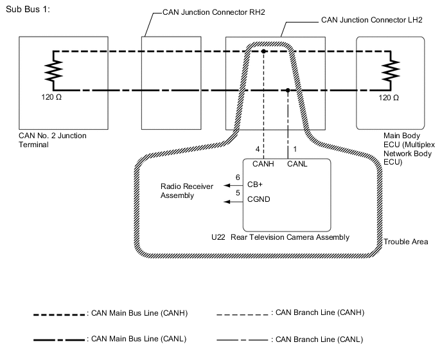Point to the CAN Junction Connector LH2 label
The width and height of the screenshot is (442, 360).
point(371,20)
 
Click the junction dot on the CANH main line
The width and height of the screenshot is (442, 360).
point(264,51)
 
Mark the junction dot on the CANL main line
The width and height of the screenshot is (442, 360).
point(288,91)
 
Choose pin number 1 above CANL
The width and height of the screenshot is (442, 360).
point(295,149)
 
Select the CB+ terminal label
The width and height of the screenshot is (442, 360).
point(255,184)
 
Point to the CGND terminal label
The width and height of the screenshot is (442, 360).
point(258,199)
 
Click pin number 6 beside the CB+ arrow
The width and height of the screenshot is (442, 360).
point(238,177)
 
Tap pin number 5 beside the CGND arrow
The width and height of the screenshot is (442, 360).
point(238,192)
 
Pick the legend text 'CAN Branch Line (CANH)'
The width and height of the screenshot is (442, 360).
point(319,313)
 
